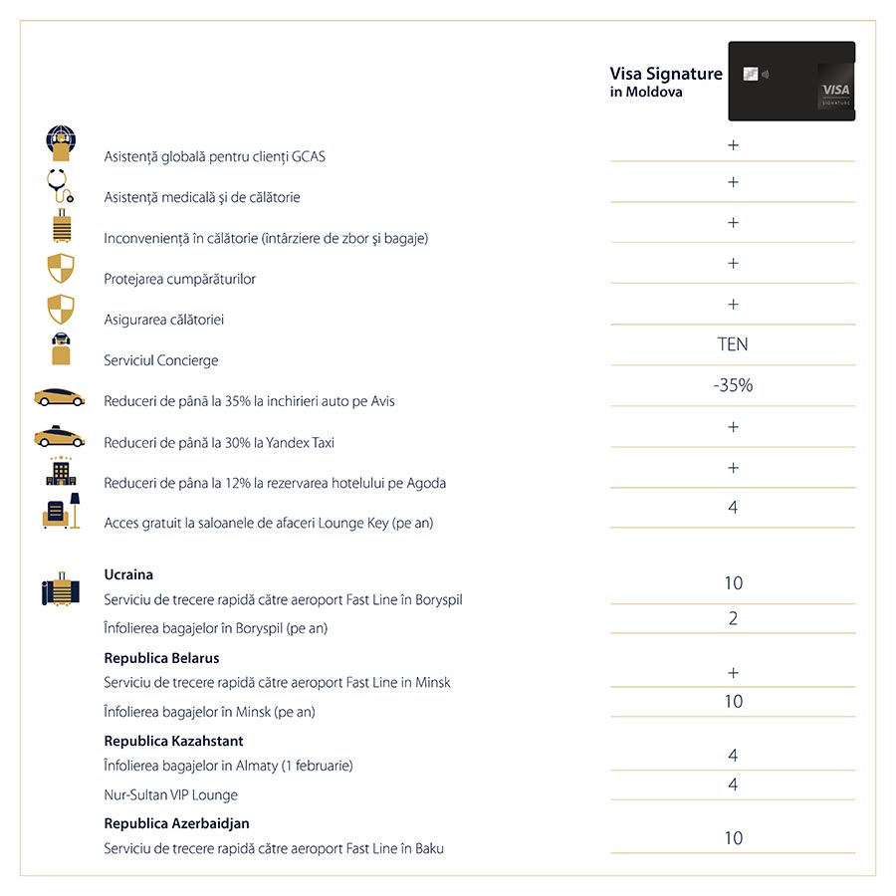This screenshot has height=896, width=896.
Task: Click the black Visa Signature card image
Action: [x=791, y=81]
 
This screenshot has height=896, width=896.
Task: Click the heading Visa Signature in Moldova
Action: [x=666, y=82]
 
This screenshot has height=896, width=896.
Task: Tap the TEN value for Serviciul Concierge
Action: [x=733, y=344]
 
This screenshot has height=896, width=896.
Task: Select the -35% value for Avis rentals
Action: [x=733, y=385]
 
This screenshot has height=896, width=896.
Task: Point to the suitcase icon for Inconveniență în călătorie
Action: [x=61, y=227]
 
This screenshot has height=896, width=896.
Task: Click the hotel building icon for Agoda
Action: [x=61, y=472]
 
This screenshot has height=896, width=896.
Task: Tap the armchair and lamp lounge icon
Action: [x=61, y=513]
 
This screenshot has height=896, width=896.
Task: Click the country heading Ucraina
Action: [x=128, y=574]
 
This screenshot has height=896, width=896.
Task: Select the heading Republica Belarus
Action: [x=161, y=658]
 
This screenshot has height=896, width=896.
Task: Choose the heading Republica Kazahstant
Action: [x=173, y=741]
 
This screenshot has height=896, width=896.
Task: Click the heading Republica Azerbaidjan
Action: [x=176, y=823]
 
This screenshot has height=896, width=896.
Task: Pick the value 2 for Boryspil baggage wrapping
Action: [x=733, y=618]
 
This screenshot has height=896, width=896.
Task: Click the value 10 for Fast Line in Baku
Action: [x=733, y=838]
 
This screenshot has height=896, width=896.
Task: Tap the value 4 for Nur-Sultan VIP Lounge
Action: [x=733, y=784]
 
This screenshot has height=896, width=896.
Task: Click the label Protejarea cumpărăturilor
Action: [x=179, y=279]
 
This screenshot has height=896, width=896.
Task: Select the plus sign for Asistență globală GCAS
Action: [x=733, y=145]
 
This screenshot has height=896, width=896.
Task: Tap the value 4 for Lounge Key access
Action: [x=733, y=508]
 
